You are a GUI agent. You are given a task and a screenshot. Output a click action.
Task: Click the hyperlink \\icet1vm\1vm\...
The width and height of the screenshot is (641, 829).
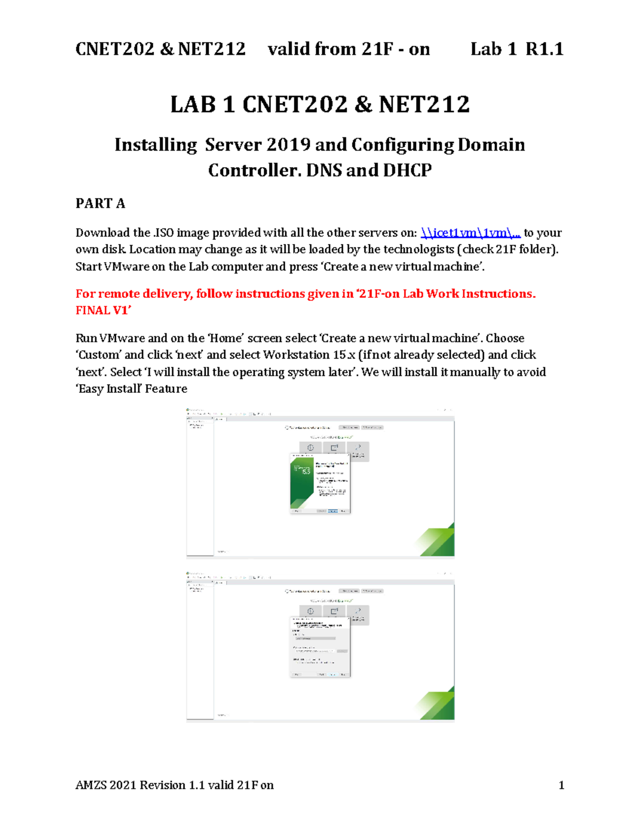click(470, 233)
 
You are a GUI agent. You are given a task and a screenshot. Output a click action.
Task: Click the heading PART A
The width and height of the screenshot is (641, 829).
click(100, 203)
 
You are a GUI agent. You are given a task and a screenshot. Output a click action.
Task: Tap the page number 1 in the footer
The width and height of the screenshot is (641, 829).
click(561, 785)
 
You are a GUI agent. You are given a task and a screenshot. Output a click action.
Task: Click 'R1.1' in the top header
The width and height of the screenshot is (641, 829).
click(544, 49)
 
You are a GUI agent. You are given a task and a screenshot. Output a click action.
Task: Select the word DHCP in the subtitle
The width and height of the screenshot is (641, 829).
click(407, 170)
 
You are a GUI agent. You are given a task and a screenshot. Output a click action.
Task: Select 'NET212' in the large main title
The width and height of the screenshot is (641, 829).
click(424, 104)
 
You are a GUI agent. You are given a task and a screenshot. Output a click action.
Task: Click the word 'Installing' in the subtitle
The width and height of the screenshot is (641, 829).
click(155, 145)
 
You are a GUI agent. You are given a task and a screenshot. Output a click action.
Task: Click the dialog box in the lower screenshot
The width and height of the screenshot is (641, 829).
click(320, 647)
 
